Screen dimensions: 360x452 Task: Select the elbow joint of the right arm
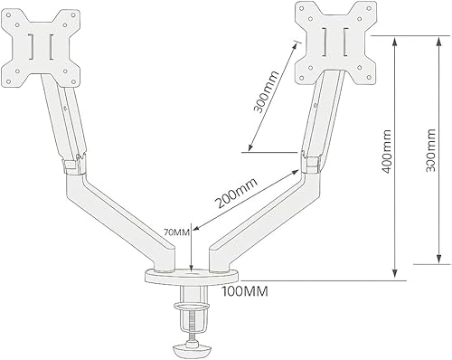point(312,163)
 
